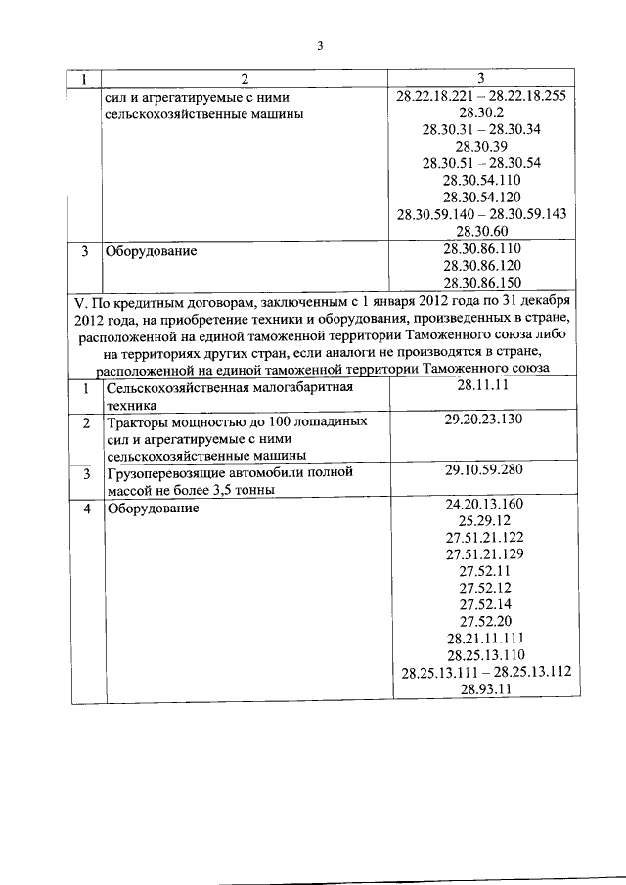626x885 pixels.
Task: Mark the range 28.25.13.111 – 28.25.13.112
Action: [x=486, y=672]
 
